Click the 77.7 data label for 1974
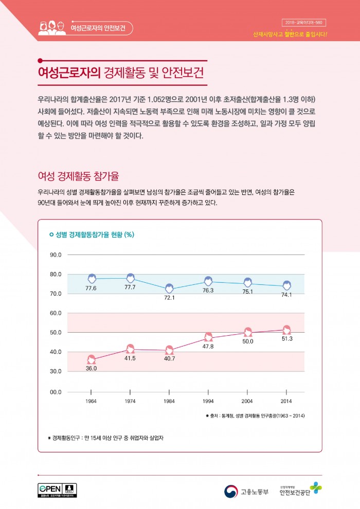(x=130, y=287)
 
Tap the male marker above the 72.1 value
(x=169, y=288)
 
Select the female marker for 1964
(x=92, y=359)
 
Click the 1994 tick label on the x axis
(x=208, y=400)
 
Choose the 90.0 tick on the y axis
(x=56, y=255)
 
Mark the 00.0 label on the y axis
(x=56, y=392)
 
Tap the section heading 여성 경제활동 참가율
(x=79, y=176)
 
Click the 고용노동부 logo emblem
(x=231, y=492)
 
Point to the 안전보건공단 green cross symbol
(x=316, y=488)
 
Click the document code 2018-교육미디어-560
(x=304, y=23)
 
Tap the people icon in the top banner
(x=52, y=27)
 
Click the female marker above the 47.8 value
(x=208, y=337)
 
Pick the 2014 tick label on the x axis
(x=287, y=400)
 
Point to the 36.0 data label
(x=92, y=368)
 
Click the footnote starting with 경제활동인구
(x=109, y=438)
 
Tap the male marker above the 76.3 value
(x=208, y=281)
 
